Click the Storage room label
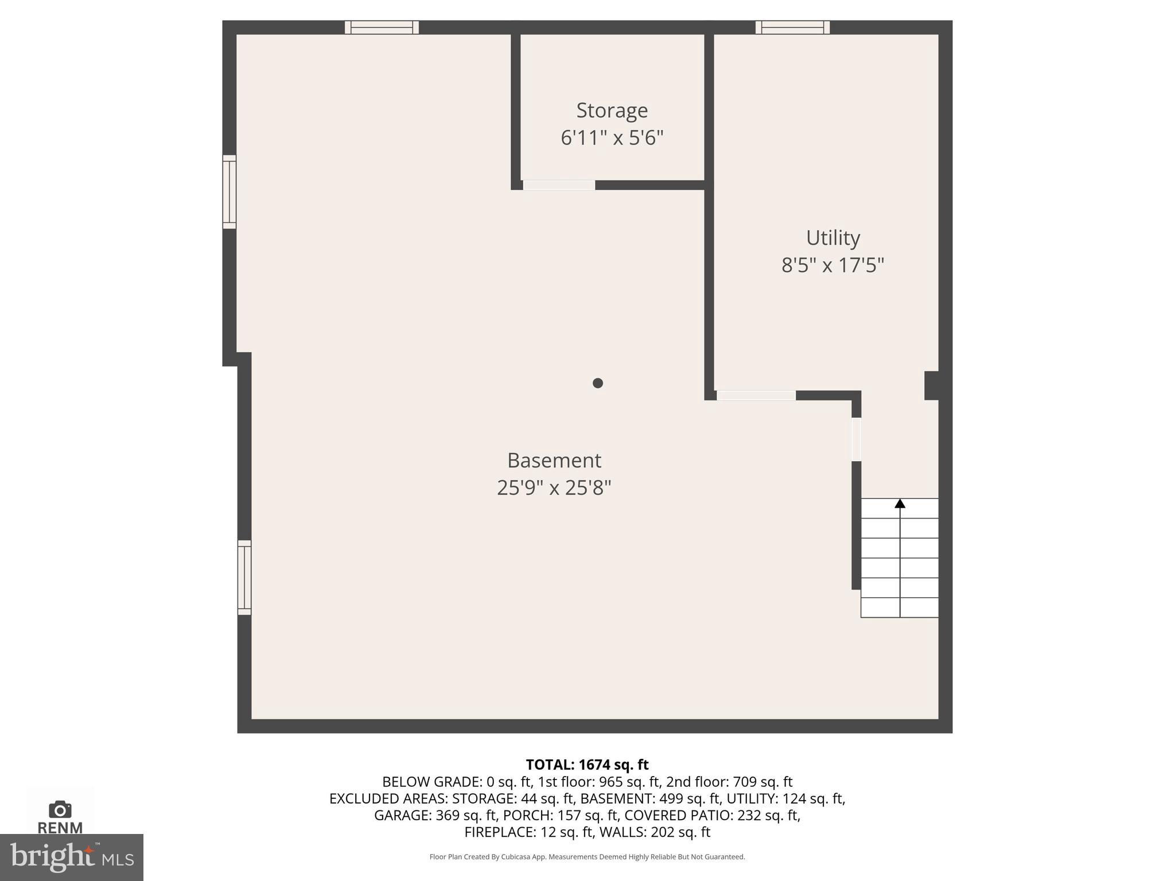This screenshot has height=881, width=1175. pyautogui.click(x=612, y=110)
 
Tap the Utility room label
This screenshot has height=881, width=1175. pyautogui.click(x=832, y=237)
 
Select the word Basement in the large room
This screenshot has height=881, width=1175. pyautogui.click(x=554, y=460)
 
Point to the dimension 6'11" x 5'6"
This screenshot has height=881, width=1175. pyautogui.click(x=612, y=138)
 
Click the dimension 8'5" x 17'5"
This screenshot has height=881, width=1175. pyautogui.click(x=832, y=265)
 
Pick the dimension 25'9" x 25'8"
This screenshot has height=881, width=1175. pyautogui.click(x=554, y=488)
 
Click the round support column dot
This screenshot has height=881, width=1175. pyautogui.click(x=598, y=383)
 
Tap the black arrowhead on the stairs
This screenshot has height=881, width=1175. pyautogui.click(x=900, y=504)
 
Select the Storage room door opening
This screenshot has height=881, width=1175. pyautogui.click(x=559, y=185)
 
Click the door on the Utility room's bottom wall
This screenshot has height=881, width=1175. pyautogui.click(x=756, y=395)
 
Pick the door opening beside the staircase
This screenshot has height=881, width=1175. pyautogui.click(x=856, y=439)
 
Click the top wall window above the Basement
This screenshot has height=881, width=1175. pyautogui.click(x=382, y=28)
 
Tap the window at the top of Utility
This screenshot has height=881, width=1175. pyautogui.click(x=792, y=28)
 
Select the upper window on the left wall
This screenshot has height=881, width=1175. pyautogui.click(x=229, y=192)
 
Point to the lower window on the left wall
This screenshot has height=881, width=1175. pyautogui.click(x=244, y=577)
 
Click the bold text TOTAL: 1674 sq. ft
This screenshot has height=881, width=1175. pyautogui.click(x=587, y=765)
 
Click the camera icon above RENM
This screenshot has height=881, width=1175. pyautogui.click(x=60, y=809)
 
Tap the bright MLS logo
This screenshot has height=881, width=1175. pyautogui.click(x=71, y=857)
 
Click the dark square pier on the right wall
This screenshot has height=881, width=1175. pyautogui.click(x=931, y=385)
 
